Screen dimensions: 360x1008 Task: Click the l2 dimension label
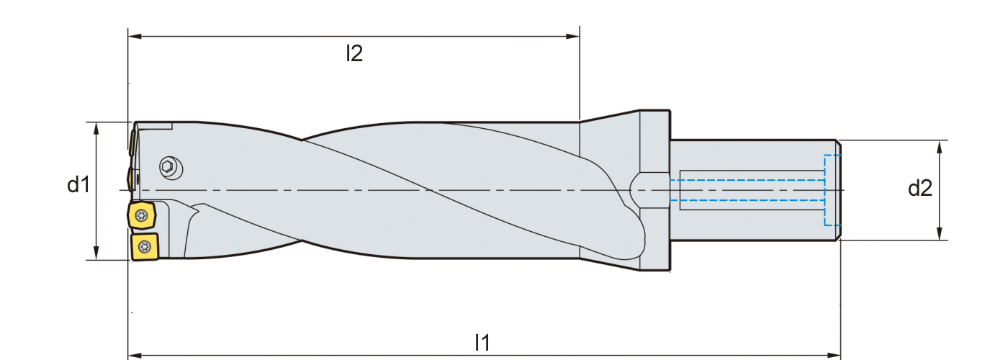354,53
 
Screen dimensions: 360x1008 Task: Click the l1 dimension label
482,343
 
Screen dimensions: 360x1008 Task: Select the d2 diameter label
919,189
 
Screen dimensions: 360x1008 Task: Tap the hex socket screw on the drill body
168,167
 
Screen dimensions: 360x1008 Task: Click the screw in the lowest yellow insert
144,246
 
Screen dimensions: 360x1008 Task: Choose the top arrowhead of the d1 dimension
96,127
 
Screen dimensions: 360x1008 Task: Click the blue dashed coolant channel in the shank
749,191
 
